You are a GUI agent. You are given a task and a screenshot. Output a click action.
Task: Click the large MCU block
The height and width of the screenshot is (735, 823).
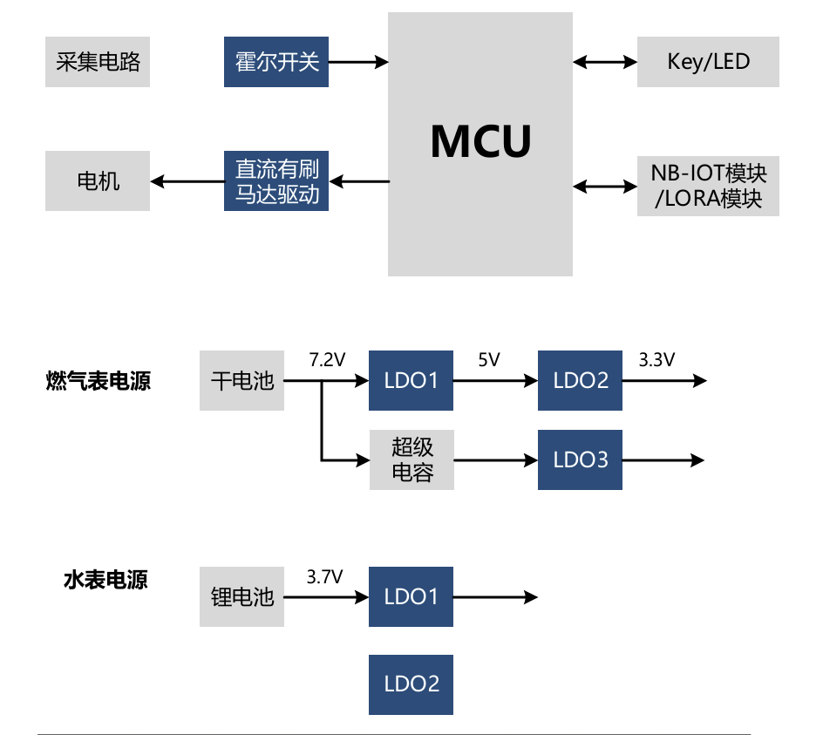click(x=480, y=144)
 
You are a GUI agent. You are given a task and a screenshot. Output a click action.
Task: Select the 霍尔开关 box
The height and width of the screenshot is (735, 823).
click(x=276, y=62)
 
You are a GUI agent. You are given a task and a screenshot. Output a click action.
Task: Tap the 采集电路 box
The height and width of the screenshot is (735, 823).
click(x=98, y=62)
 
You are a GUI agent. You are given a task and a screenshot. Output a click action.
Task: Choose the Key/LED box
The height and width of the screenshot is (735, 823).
click(x=708, y=62)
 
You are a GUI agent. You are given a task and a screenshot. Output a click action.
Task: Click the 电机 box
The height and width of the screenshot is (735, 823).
click(x=98, y=181)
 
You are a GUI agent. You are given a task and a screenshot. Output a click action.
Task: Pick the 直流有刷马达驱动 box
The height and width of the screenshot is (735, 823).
click(x=276, y=181)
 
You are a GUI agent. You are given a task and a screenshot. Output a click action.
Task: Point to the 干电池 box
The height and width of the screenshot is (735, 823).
click(x=242, y=381)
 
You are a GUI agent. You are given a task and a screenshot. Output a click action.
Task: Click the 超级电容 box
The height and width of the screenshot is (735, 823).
click(x=411, y=459)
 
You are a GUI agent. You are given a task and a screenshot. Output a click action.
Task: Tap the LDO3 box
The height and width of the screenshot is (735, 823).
click(x=580, y=459)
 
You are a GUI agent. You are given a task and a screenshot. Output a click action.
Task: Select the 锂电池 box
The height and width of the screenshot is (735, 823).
click(x=242, y=597)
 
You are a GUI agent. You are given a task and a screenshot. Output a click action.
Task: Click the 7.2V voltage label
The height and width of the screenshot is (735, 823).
click(x=327, y=359)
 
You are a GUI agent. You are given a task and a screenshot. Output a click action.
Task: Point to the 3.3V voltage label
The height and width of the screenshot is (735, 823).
click(x=656, y=359)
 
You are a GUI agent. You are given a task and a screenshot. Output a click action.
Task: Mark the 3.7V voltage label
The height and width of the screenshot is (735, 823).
click(x=324, y=576)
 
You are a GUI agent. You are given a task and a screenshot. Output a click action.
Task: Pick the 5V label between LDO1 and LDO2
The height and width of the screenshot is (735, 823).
click(x=488, y=359)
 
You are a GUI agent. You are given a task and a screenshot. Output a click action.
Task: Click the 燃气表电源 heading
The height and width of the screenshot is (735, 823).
click(x=99, y=381)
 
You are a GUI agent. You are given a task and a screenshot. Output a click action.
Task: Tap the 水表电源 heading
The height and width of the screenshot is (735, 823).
click(x=105, y=580)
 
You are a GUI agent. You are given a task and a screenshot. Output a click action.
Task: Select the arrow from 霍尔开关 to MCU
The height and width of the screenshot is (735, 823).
click(x=357, y=62)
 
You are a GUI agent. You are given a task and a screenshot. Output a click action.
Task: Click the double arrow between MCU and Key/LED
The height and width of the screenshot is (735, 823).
click(x=605, y=62)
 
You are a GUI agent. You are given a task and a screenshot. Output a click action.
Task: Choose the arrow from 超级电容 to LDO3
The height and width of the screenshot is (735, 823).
click(x=495, y=459)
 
